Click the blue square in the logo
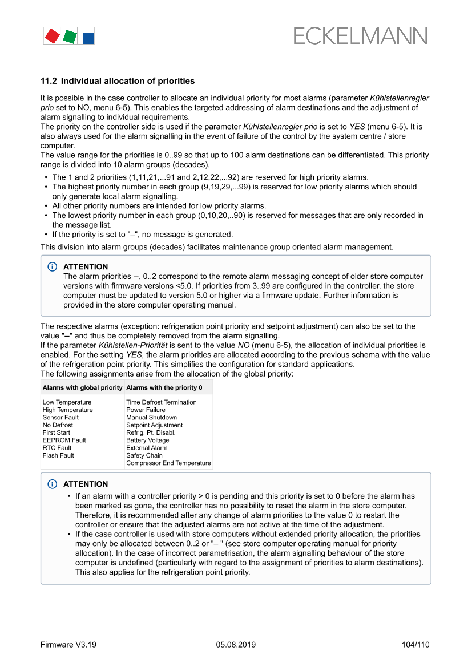click(x=88, y=38)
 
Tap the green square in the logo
click(x=70, y=37)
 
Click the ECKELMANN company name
click(x=360, y=37)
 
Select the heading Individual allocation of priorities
click(x=118, y=81)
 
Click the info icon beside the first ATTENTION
click(x=53, y=267)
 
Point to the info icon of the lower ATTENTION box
click(x=53, y=484)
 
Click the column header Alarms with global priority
click(x=83, y=388)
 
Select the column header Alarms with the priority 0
click(x=164, y=388)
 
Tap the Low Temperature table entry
click(x=67, y=402)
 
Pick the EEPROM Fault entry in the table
click(x=64, y=440)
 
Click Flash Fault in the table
click(x=58, y=455)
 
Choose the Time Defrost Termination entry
click(x=162, y=402)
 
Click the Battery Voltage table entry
click(x=148, y=440)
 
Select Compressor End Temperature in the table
click(x=168, y=463)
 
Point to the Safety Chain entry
click(x=144, y=455)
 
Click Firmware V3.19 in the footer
click(x=68, y=645)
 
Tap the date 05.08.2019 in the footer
click(x=236, y=645)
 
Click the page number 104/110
click(x=415, y=645)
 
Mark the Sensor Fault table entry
click(x=60, y=418)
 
